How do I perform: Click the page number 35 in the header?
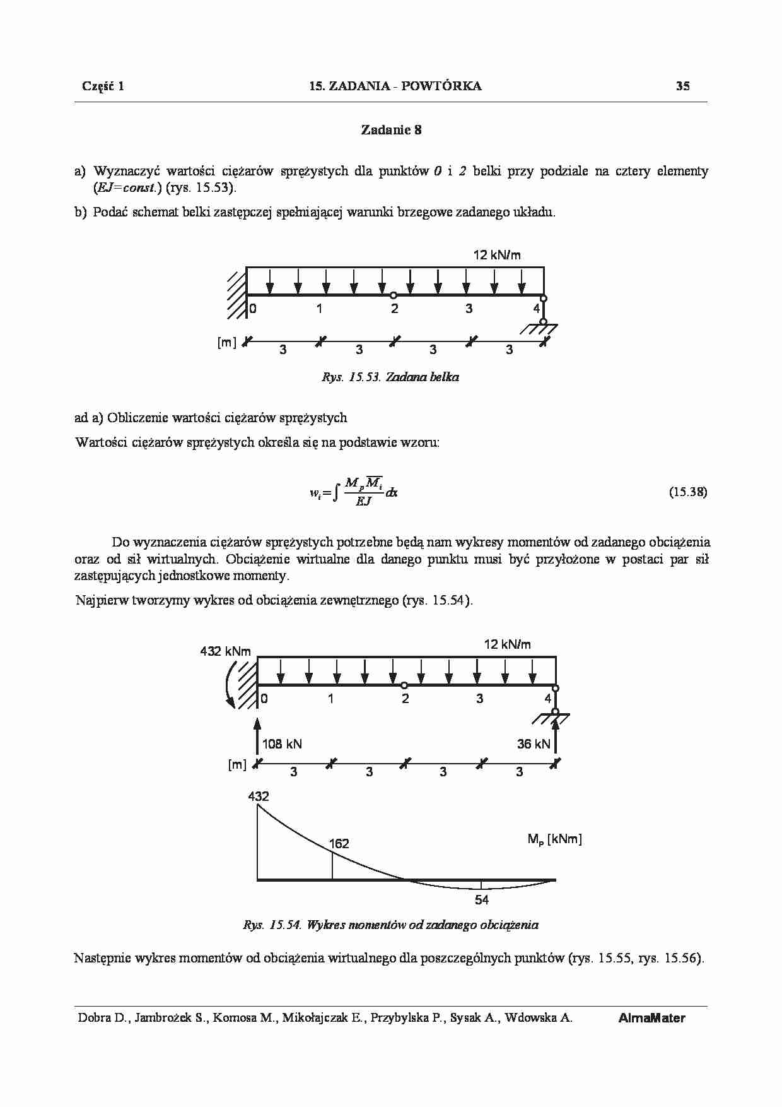pyautogui.click(x=682, y=86)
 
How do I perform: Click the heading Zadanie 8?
pyautogui.click(x=391, y=130)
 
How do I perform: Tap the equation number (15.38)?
pyautogui.click(x=687, y=492)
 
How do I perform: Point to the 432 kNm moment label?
pyautogui.click(x=225, y=651)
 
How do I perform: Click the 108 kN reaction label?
pyautogui.click(x=282, y=744)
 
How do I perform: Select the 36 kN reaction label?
pyautogui.click(x=534, y=744)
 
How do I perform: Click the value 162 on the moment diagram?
pyautogui.click(x=339, y=844)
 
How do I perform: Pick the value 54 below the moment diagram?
pyautogui.click(x=481, y=900)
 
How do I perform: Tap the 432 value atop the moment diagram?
pyautogui.click(x=259, y=796)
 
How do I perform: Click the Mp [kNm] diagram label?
pyautogui.click(x=554, y=839)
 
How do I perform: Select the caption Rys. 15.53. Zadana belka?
pyautogui.click(x=390, y=377)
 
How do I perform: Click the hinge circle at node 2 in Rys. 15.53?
pyautogui.click(x=394, y=295)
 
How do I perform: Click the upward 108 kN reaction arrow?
pyautogui.click(x=257, y=735)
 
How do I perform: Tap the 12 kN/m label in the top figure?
pyautogui.click(x=497, y=255)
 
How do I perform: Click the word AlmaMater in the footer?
pyautogui.click(x=651, y=1018)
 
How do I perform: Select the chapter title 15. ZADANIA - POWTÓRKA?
pyautogui.click(x=395, y=86)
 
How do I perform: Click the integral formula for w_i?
pyautogui.click(x=353, y=492)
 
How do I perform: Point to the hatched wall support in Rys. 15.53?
pyautogui.click(x=236, y=294)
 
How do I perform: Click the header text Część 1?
pyautogui.click(x=103, y=86)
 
